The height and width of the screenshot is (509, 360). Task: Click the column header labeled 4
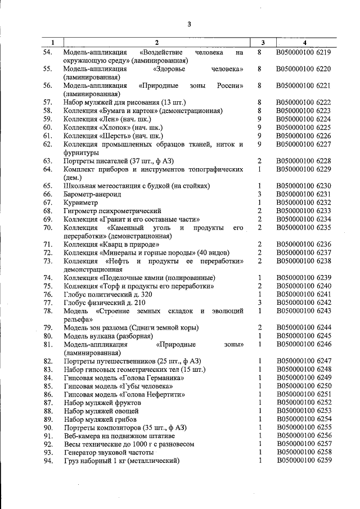304,42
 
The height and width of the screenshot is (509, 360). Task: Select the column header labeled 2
157,42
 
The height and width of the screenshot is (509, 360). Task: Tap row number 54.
48,52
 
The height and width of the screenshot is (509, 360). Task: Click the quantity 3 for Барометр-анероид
260,193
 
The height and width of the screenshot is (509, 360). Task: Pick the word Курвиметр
81,202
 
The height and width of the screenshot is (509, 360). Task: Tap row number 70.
48,227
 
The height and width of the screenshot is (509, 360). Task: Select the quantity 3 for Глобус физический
260,302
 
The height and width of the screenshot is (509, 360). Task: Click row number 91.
48,436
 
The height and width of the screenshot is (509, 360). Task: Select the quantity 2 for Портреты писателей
260,161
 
